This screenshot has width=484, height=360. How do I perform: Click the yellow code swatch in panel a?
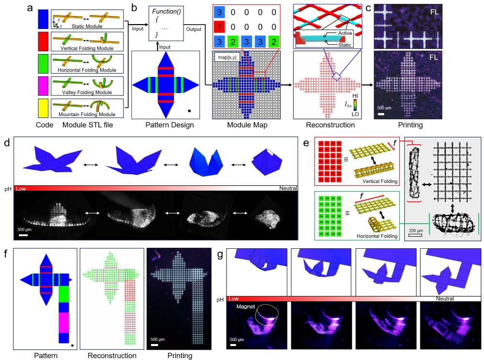pyautogui.click(x=43, y=108)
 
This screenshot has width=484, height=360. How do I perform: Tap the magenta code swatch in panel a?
pyautogui.click(x=43, y=86)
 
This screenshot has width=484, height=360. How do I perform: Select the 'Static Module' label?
pyautogui.click(x=87, y=26)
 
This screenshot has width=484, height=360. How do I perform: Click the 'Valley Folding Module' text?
pyautogui.click(x=87, y=92)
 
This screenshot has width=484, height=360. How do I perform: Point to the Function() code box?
pyautogui.click(x=166, y=23)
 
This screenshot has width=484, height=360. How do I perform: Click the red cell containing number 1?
pyautogui.click(x=219, y=27)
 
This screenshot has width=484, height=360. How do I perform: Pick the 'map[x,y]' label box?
pyautogui.click(x=227, y=58)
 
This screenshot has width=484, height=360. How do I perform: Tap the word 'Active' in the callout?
pyautogui.click(x=345, y=33)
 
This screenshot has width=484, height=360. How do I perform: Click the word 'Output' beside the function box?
pyautogui.click(x=194, y=29)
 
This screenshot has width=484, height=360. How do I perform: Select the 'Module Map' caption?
pyautogui.click(x=247, y=125)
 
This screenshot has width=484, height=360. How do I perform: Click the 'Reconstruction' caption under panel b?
pyautogui.click(x=330, y=125)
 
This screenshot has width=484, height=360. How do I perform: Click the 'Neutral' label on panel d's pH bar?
pyautogui.click(x=288, y=188)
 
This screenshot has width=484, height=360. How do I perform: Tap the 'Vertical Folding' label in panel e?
pyautogui.click(x=379, y=181)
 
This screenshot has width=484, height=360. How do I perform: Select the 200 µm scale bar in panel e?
pyautogui.click(x=415, y=236)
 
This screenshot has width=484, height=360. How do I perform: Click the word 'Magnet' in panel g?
pyautogui.click(x=246, y=306)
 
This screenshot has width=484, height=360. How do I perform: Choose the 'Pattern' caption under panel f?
pyautogui.click(x=45, y=355)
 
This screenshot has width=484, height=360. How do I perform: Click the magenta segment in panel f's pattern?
pyautogui.click(x=63, y=323)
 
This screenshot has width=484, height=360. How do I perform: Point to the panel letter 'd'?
pyautogui.click(x=7, y=143)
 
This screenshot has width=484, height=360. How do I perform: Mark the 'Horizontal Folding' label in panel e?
pyautogui.click(x=377, y=236)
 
